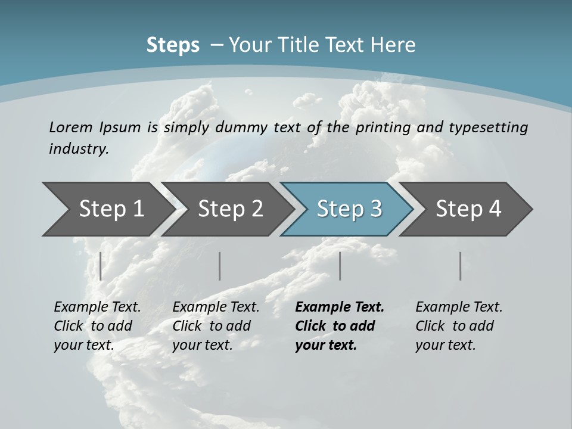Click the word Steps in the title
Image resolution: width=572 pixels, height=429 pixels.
pyautogui.click(x=173, y=45)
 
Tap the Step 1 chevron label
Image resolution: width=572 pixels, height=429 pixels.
pyautogui.click(x=111, y=209)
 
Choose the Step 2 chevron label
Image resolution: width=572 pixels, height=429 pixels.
pyautogui.click(x=231, y=209)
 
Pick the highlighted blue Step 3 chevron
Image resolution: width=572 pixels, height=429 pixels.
pyautogui.click(x=349, y=209)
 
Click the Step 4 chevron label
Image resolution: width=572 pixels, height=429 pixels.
pyautogui.click(x=468, y=209)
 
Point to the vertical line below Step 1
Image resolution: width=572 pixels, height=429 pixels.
pyautogui.click(x=101, y=266)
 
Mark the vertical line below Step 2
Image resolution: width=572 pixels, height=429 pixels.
pyautogui.click(x=220, y=266)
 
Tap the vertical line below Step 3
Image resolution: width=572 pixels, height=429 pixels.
pyautogui.click(x=340, y=266)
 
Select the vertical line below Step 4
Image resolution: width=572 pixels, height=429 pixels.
pyautogui.click(x=461, y=266)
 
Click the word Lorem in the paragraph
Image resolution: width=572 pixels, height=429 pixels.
pyautogui.click(x=70, y=127)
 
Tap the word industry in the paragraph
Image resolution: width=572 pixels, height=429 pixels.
pyautogui.click(x=79, y=148)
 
